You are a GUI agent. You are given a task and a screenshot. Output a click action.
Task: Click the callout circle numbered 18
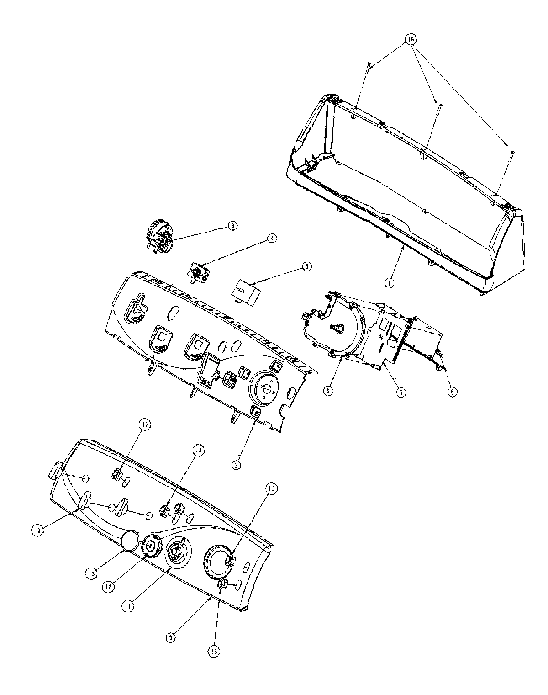[x=411, y=40]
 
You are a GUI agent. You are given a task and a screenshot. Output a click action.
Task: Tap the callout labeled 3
[x=232, y=225]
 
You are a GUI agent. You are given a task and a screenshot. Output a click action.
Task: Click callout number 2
[x=236, y=465]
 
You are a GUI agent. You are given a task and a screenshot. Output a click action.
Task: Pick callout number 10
[x=37, y=530]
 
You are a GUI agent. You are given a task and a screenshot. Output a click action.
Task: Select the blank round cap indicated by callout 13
[x=130, y=540]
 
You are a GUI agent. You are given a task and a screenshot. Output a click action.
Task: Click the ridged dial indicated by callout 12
[x=149, y=545]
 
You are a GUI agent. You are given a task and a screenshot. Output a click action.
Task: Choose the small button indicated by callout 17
[x=117, y=475]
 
